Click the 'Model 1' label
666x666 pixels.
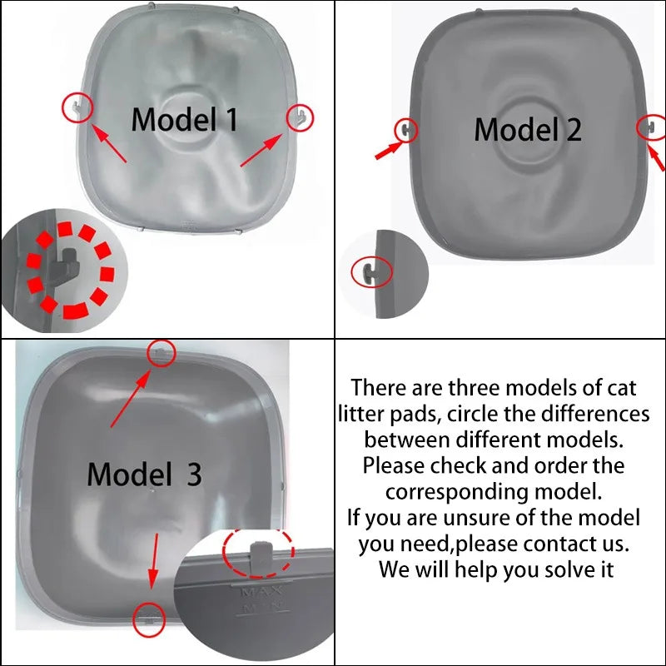tap(185, 119)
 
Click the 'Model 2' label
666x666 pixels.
tap(527, 130)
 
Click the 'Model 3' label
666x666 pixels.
tap(145, 475)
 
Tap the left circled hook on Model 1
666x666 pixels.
tap(77, 107)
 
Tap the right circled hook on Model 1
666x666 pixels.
tap(301, 116)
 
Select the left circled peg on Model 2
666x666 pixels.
tap(405, 129)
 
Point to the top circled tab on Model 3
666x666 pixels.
tap(162, 352)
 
